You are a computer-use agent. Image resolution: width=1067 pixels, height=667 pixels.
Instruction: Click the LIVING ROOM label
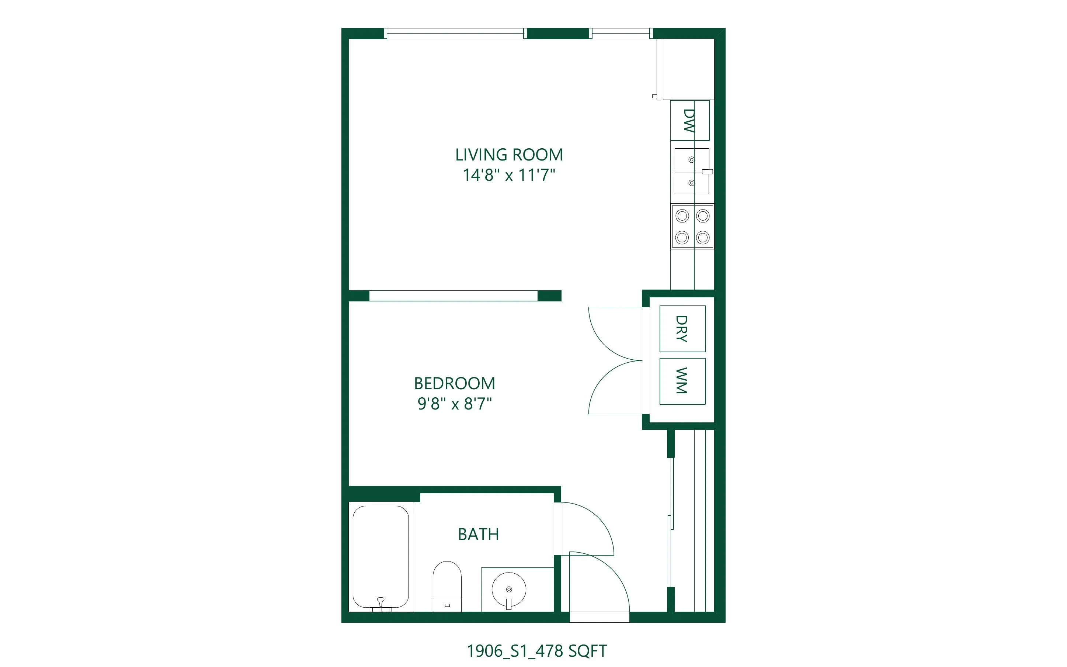coord(509,155)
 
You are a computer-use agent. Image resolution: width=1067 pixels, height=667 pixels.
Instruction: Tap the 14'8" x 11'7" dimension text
coord(509,175)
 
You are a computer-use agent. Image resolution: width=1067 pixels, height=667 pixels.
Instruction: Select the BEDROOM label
coord(454,383)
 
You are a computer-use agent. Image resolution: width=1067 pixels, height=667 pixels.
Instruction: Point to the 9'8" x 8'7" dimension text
coord(454,404)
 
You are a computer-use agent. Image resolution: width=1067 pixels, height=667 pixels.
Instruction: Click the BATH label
coord(478,534)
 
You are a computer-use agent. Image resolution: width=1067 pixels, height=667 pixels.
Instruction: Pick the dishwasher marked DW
coord(690,120)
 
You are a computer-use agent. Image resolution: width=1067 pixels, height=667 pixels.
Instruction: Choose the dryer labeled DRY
coord(682,329)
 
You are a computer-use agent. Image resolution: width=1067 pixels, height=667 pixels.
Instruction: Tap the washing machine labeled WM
coord(682,381)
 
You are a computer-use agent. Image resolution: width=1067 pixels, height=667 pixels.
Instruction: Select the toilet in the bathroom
coord(447,586)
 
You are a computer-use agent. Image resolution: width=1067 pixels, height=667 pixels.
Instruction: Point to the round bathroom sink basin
coord(509,590)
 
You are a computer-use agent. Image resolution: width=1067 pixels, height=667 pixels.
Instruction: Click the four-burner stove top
coord(692,226)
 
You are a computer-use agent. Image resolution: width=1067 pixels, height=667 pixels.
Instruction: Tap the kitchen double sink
coord(692,171)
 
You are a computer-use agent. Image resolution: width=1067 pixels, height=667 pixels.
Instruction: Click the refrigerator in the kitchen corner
coord(686,69)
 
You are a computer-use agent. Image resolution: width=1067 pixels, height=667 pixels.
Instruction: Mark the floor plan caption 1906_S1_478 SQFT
coord(536,651)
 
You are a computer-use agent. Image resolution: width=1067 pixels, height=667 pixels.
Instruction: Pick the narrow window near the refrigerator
coord(621,34)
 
